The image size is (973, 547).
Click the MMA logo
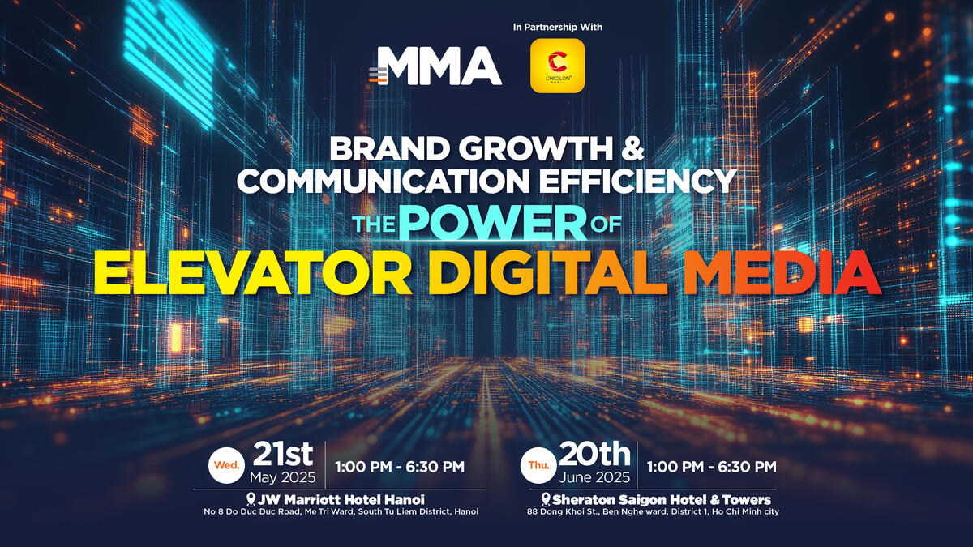click(435, 66)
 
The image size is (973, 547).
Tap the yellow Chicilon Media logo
click(558, 66)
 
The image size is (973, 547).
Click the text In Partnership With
click(558, 27)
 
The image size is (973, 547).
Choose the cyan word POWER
click(493, 222)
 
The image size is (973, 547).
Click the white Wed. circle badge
click(226, 465)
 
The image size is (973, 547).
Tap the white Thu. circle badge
click(538, 465)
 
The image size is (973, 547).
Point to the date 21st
click(283, 454)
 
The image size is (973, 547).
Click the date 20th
click(594, 454)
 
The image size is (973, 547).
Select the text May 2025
click(283, 477)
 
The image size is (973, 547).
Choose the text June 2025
click(594, 477)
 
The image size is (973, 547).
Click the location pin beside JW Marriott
click(251, 499)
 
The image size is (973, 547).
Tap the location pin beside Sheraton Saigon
click(546, 499)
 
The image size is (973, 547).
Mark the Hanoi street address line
click(341, 512)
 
